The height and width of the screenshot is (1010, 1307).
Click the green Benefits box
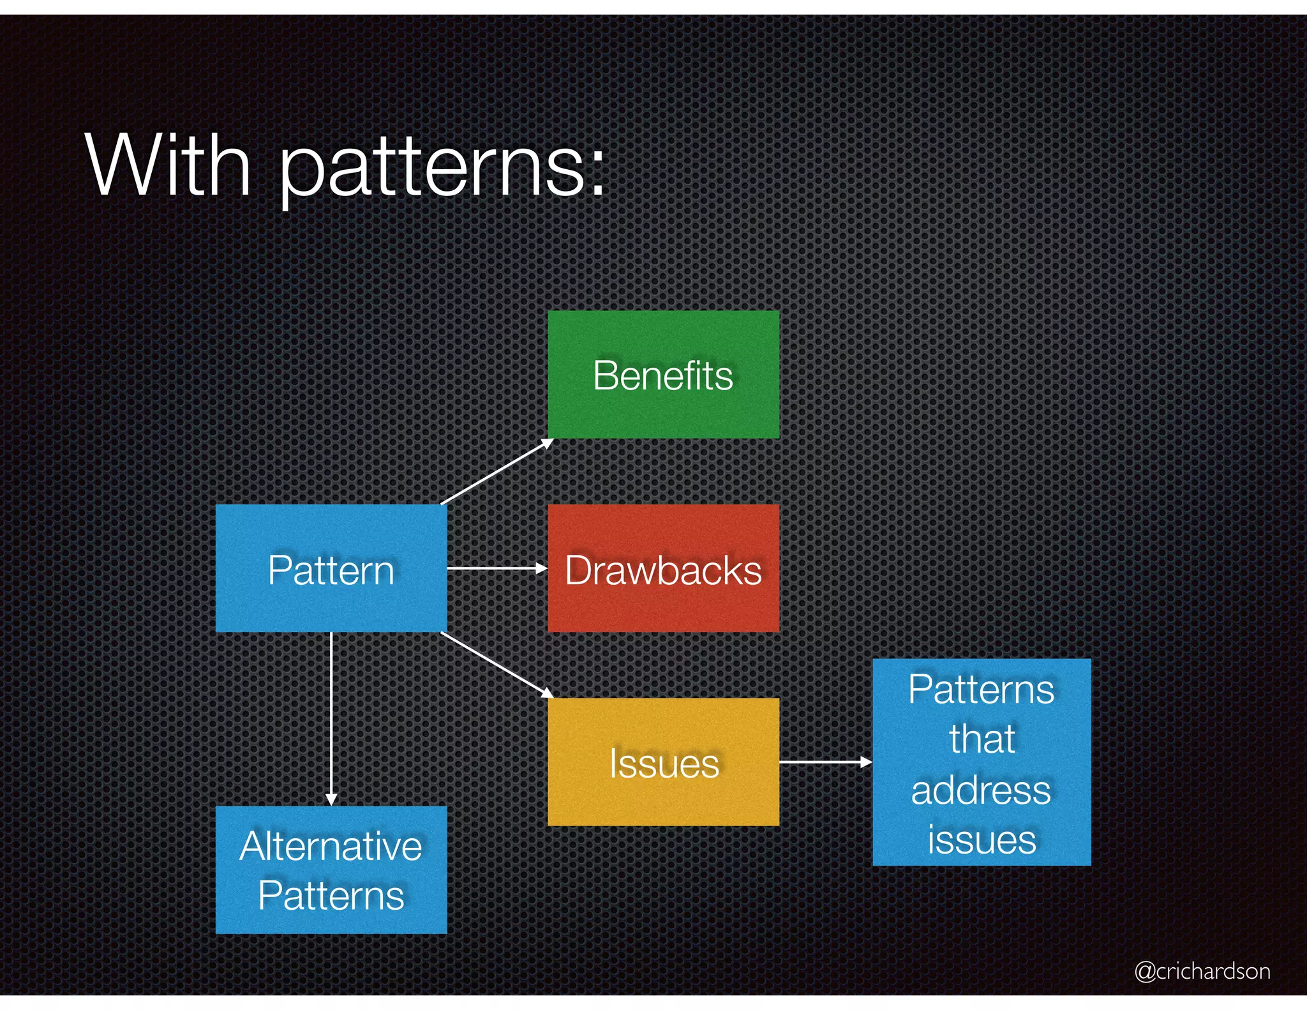(663, 374)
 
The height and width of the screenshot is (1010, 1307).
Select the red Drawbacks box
(663, 568)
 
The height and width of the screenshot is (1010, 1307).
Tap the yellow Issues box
(663, 762)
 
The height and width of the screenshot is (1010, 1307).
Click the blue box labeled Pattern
(331, 568)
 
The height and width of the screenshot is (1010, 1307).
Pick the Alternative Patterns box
(331, 870)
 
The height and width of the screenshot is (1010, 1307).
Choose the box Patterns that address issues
(981, 762)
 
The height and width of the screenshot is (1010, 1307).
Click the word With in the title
(168, 166)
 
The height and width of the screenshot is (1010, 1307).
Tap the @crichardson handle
(1202, 971)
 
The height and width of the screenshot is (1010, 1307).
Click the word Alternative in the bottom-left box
(331, 847)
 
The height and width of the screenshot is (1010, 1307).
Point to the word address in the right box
(981, 790)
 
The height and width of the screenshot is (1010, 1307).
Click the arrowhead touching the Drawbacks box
(542, 568)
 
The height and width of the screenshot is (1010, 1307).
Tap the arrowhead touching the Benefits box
(548, 442)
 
